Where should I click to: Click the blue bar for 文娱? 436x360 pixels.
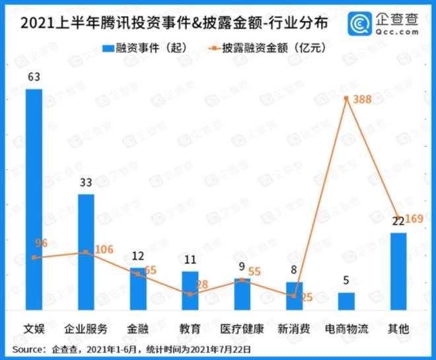(34, 198)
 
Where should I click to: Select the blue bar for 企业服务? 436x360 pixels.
(86, 252)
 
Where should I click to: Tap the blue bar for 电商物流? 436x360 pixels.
(346, 301)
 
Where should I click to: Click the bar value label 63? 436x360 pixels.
(34, 77)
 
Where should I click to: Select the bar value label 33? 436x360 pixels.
(86, 183)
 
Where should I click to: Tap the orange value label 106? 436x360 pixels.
(103, 249)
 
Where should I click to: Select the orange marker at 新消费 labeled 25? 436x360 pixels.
(294, 296)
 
